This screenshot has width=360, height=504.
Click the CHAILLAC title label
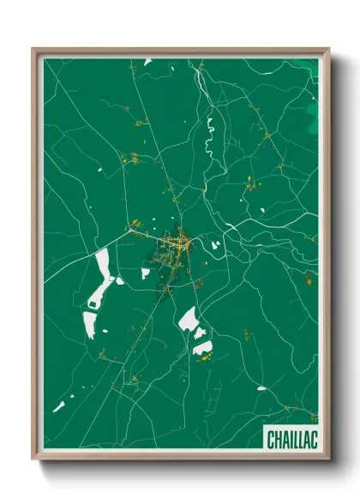291,440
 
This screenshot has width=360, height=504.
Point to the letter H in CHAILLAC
278,440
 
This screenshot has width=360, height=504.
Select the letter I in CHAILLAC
290,440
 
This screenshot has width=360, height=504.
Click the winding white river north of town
207,137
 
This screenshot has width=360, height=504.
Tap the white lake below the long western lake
89,324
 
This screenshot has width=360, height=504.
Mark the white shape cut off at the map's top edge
147,62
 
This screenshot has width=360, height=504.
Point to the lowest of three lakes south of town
203,347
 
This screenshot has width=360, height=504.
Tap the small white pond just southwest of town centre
145,273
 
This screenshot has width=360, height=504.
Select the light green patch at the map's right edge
311,120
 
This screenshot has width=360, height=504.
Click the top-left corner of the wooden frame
33,50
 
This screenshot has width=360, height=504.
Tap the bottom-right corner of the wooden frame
328,460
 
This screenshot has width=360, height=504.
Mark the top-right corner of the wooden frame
328,50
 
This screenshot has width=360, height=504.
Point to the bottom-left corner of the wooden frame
33,460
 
